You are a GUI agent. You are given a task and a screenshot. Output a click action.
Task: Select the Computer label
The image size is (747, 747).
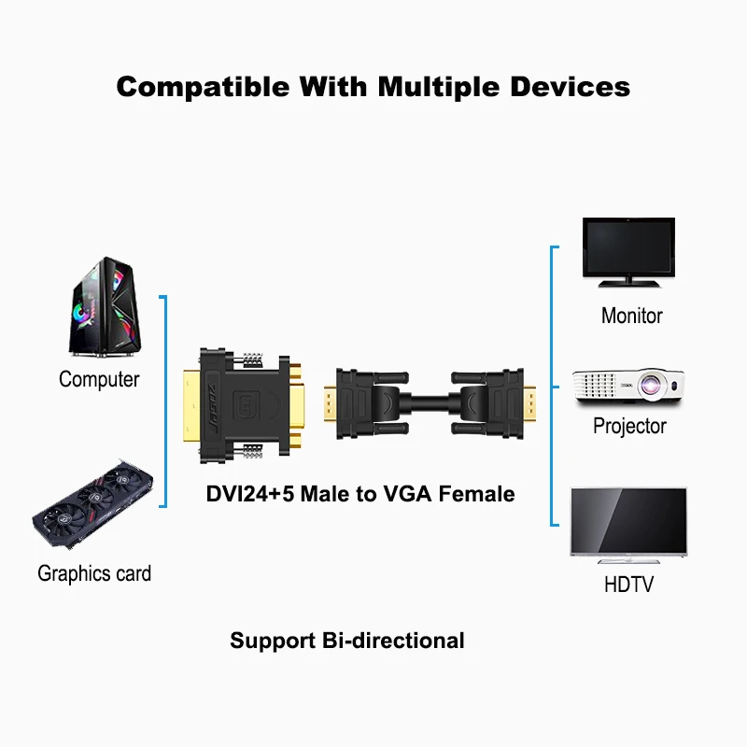[x=99, y=379]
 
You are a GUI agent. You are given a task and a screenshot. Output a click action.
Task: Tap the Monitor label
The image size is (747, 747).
[x=631, y=316]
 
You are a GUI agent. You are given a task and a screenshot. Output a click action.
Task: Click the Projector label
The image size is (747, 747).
[x=629, y=426]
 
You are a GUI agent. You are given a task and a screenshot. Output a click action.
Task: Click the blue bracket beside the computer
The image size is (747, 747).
[x=164, y=402]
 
